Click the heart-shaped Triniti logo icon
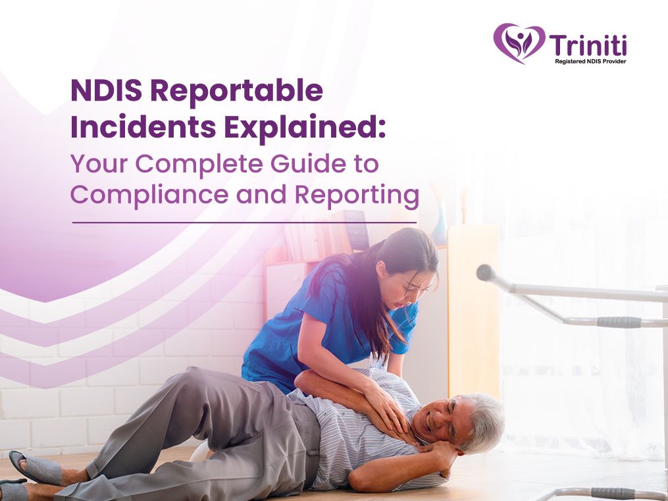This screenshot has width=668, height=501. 519,43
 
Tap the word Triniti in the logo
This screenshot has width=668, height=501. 588,45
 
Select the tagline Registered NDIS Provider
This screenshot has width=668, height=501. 590,61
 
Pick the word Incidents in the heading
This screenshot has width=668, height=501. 143,127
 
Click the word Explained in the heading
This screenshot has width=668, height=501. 305,128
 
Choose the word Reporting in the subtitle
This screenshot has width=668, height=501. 357,195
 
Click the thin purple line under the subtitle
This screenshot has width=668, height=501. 244,223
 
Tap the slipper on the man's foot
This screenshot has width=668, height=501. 35,467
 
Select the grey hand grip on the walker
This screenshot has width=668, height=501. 619,322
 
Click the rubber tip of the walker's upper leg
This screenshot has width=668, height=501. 486,273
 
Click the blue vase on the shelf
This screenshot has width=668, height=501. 440,225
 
